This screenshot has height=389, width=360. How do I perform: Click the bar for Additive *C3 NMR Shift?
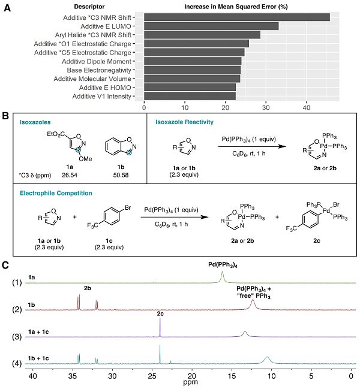(x=237, y=17)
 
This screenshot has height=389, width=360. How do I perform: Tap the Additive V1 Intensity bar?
(x=190, y=96)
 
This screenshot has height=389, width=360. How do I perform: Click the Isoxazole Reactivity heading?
(x=183, y=122)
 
